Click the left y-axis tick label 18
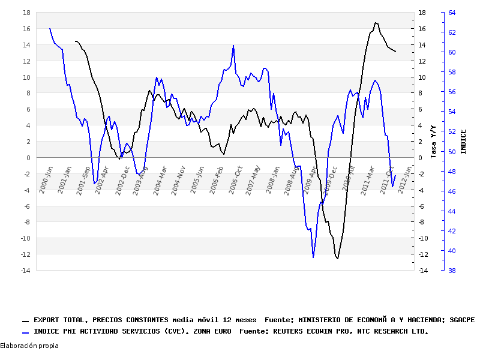point(26,13)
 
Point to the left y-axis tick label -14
point(25,271)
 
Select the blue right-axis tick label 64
point(452,13)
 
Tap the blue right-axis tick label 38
point(452,271)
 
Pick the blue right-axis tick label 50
point(452,151)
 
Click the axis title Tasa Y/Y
point(433,142)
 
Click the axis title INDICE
point(463,142)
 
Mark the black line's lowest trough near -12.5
point(337,259)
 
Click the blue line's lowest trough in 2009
point(313,257)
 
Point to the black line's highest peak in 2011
point(376,23)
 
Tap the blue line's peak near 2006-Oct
point(233,46)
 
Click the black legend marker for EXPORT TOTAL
point(25,322)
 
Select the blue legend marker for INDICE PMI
point(25,332)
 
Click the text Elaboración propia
point(29,346)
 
